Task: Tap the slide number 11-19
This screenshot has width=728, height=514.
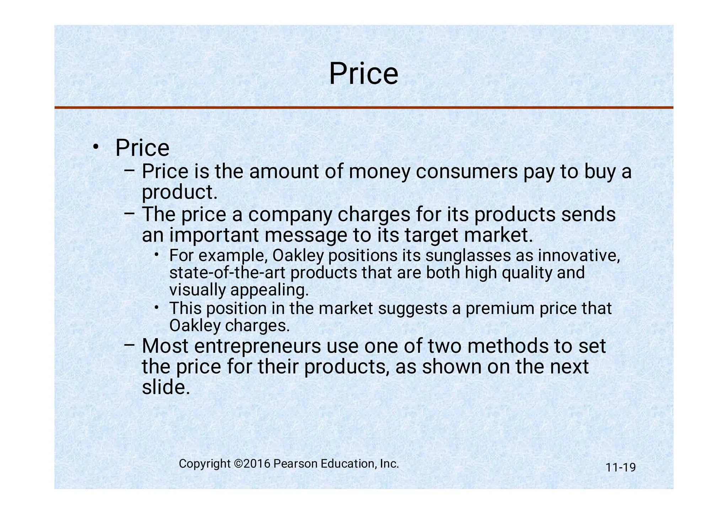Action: [x=621, y=467]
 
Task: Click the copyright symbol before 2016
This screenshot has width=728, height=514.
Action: [x=238, y=464]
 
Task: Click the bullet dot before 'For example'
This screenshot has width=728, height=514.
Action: [x=157, y=255]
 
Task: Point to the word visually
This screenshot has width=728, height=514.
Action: [x=198, y=290]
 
